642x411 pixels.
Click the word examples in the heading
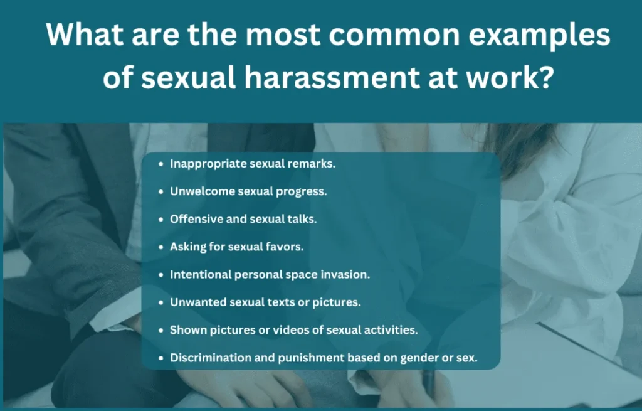(540, 36)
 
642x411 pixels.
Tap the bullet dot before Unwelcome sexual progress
(161, 191)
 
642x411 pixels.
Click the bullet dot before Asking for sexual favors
(161, 247)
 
